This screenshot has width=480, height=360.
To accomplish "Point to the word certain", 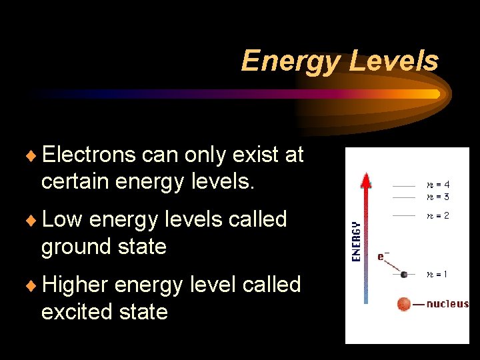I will [x=75, y=181].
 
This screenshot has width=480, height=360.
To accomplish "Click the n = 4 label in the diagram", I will [x=437, y=185].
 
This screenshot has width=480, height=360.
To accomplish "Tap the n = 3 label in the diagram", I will [x=437, y=197].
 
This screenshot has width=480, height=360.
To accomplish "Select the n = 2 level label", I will [x=437, y=215].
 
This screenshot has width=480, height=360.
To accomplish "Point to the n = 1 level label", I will [x=437, y=273].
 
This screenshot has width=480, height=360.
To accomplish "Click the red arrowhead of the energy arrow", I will [x=365, y=180].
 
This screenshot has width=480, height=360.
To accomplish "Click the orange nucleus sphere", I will [x=404, y=304].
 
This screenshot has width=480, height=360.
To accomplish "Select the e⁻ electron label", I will [x=383, y=255].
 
